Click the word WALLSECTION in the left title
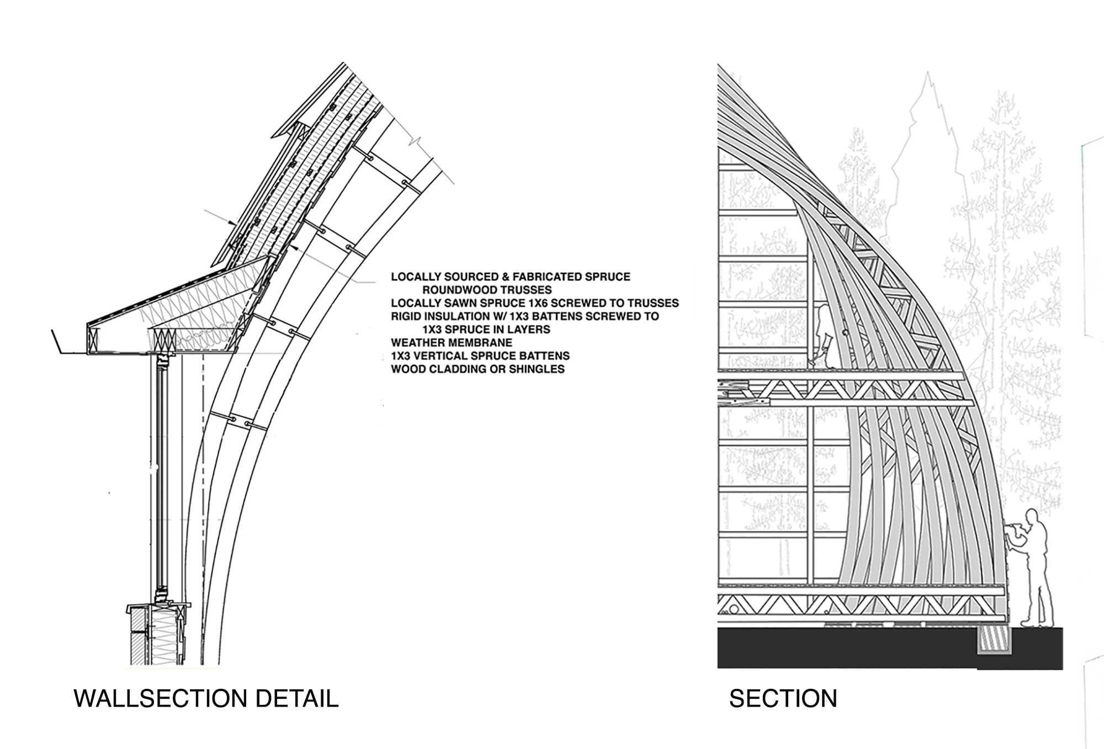[160, 699]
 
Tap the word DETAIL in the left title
[296, 699]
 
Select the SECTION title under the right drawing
[783, 699]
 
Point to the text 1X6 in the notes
[540, 303]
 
